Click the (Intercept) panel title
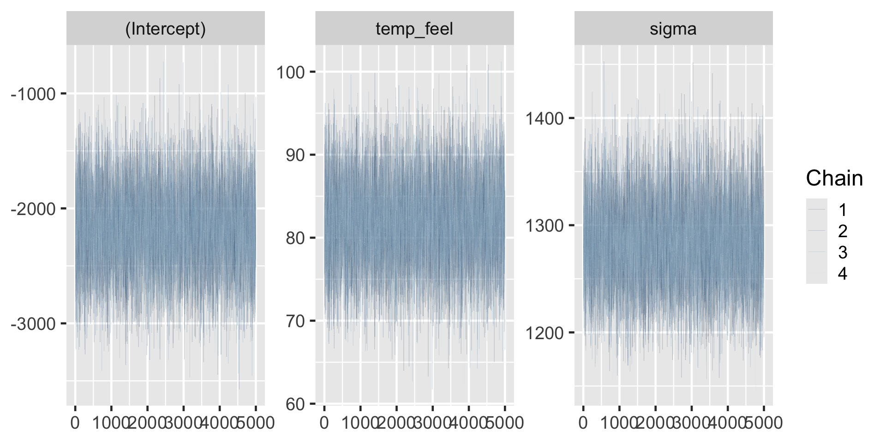tap(165, 29)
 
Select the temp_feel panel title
tap(414, 29)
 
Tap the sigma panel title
tap(673, 29)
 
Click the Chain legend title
tap(834, 179)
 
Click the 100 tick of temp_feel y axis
tap(291, 72)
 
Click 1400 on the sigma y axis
tap(545, 119)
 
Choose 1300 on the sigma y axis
tap(545, 226)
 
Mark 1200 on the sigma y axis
tap(545, 333)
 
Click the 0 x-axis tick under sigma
tap(583, 423)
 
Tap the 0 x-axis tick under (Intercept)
tap(75, 423)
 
